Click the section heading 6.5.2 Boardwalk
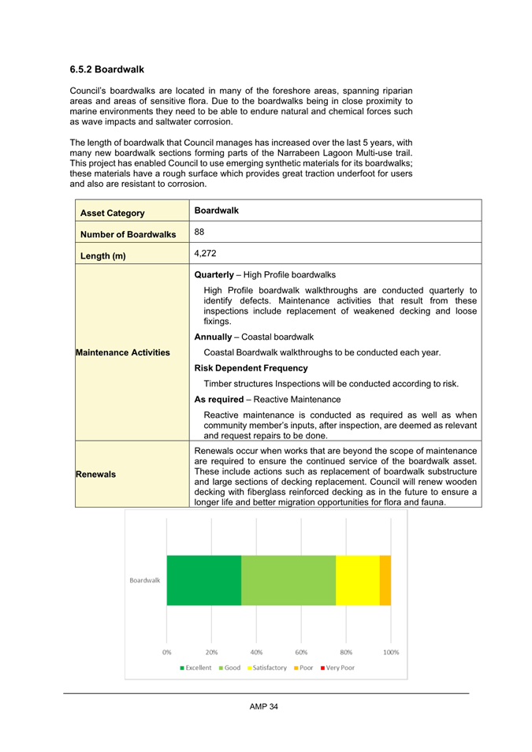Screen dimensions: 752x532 click(x=106, y=69)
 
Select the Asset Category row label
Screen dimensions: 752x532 click(x=110, y=213)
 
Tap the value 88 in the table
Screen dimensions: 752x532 click(x=199, y=232)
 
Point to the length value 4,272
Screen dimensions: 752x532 click(x=206, y=254)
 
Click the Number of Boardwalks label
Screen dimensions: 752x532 click(x=126, y=234)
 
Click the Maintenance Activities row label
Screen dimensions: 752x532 click(x=122, y=352)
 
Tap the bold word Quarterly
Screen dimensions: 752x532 click(x=214, y=274)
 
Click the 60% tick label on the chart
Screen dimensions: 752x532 click(x=302, y=652)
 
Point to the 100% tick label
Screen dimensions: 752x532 click(x=391, y=652)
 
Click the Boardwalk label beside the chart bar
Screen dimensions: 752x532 click(x=145, y=580)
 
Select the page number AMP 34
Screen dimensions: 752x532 click(x=264, y=706)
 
